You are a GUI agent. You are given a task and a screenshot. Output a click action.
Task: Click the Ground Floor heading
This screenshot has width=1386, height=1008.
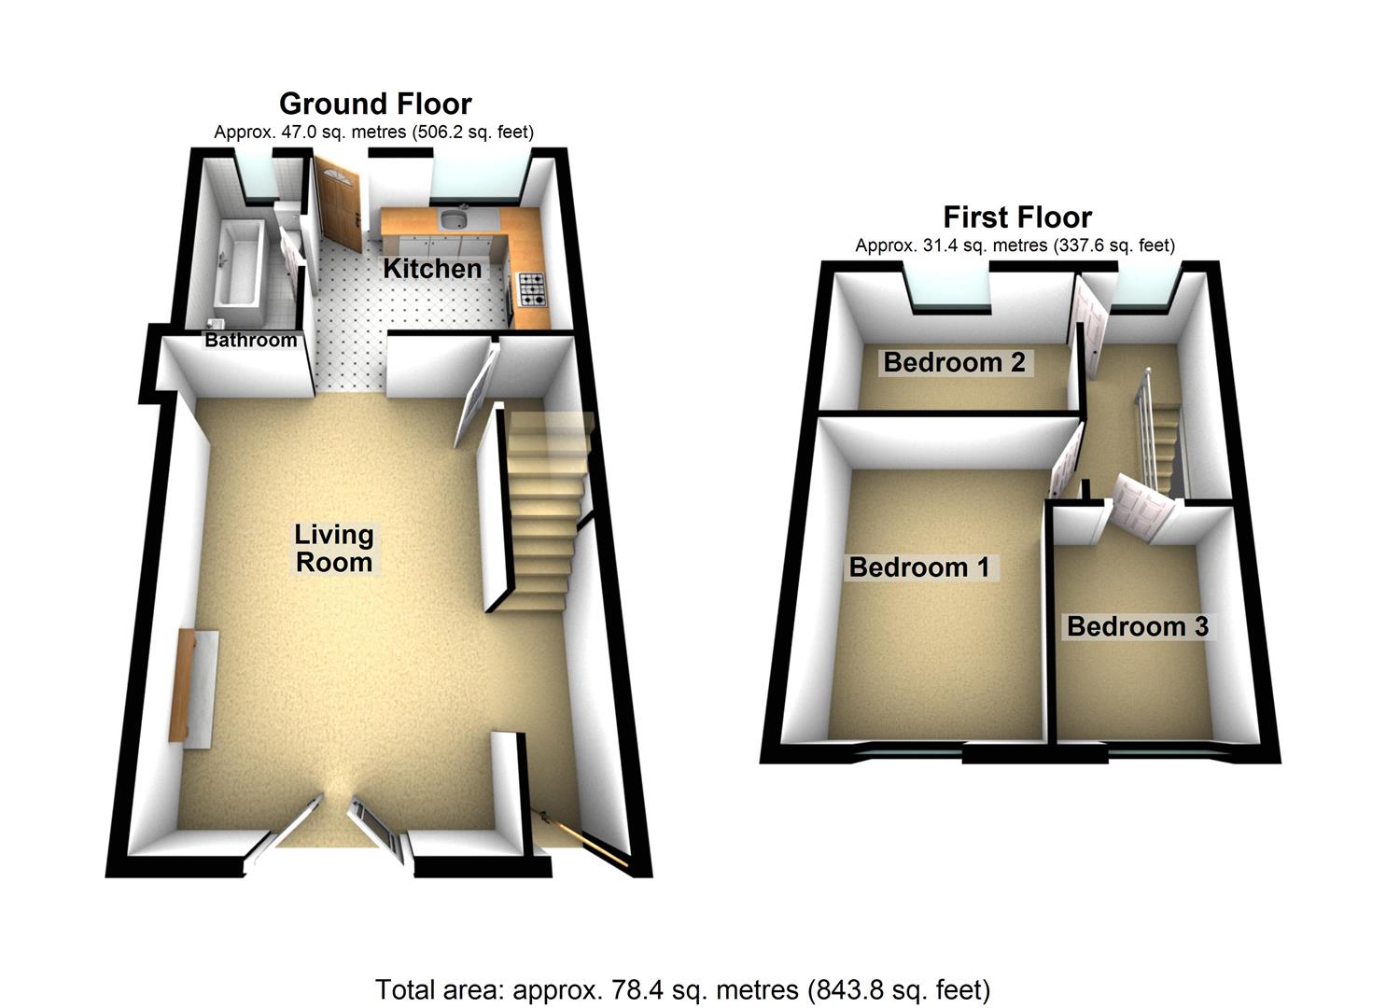(x=375, y=103)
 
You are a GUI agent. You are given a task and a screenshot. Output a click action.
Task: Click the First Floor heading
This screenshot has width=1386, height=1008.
(x=1016, y=217)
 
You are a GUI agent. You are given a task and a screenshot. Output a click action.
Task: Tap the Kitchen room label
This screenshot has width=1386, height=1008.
(x=432, y=269)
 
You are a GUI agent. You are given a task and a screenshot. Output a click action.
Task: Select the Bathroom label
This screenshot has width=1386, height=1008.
(x=250, y=341)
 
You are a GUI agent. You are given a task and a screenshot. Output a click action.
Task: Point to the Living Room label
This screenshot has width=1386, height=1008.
(x=333, y=548)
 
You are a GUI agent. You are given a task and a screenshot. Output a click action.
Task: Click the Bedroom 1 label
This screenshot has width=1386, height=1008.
(x=918, y=567)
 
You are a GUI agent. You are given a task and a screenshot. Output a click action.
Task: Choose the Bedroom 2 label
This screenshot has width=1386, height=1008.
(x=954, y=362)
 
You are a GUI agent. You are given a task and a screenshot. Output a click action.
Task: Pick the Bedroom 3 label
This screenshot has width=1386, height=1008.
(x=1137, y=626)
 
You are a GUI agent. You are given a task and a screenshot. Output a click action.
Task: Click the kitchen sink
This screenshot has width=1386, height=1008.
(x=455, y=220)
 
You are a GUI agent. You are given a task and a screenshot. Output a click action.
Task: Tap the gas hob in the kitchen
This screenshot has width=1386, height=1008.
(x=532, y=288)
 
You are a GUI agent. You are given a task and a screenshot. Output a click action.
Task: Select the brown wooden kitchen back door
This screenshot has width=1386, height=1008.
(x=338, y=203)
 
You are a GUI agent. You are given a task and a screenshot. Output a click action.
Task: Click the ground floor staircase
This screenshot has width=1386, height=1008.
(x=545, y=513)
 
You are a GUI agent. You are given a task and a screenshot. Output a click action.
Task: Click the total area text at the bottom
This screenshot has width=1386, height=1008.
(x=682, y=989)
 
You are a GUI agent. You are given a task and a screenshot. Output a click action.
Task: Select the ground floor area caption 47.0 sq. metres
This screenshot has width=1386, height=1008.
(x=373, y=132)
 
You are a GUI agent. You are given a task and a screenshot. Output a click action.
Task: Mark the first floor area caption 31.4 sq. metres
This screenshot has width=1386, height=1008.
(x=1015, y=245)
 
